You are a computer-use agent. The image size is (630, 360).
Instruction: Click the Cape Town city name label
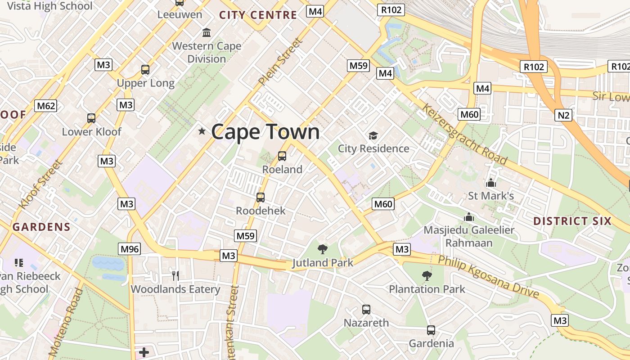point(265,132)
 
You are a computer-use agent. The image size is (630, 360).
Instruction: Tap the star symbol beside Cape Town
point(202,131)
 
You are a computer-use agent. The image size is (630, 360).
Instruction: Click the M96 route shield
point(130,248)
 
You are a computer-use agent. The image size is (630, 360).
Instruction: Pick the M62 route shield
point(46,106)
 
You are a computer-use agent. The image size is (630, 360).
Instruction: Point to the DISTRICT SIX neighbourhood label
point(572,221)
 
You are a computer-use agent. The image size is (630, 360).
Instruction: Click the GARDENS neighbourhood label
point(41,227)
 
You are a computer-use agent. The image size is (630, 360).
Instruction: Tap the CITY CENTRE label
point(258,15)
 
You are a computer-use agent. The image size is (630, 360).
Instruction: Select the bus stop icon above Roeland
point(282,156)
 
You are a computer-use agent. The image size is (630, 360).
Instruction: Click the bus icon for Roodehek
point(260,198)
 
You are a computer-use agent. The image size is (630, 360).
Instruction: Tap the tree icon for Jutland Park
point(322,249)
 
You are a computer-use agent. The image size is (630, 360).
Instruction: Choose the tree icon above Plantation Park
point(427,275)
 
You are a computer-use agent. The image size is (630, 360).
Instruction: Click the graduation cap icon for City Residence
point(373,135)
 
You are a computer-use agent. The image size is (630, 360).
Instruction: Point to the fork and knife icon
point(175,275)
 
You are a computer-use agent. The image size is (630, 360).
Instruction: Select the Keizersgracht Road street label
point(464,134)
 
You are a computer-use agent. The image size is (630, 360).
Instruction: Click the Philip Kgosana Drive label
point(488,276)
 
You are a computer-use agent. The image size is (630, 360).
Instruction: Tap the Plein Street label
point(280,62)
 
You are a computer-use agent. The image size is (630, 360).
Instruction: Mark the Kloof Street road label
point(40,184)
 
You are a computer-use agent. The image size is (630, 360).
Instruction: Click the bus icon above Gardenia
point(431,330)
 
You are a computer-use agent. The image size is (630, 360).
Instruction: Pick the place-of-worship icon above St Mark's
point(490,183)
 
